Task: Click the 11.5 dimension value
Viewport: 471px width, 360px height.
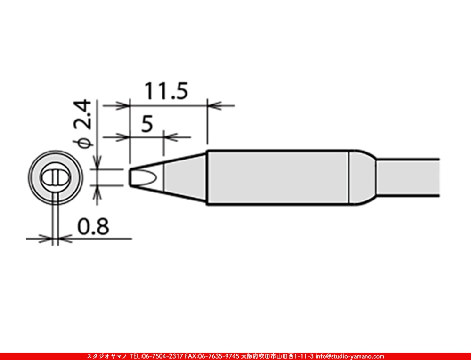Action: (x=166, y=91)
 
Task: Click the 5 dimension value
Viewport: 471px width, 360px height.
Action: (x=146, y=124)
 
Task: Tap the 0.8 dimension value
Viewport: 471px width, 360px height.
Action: (x=93, y=227)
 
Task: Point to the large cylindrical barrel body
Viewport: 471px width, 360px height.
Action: (x=278, y=177)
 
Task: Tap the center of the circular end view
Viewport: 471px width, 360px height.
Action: (x=55, y=177)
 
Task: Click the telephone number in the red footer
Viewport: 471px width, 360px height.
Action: (x=156, y=356)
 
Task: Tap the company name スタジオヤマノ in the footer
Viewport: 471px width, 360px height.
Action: (x=106, y=356)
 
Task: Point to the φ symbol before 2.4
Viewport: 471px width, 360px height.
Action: (x=84, y=142)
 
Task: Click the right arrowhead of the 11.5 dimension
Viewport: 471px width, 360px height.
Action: (x=213, y=105)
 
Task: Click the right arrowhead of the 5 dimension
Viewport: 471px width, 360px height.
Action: (x=169, y=137)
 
